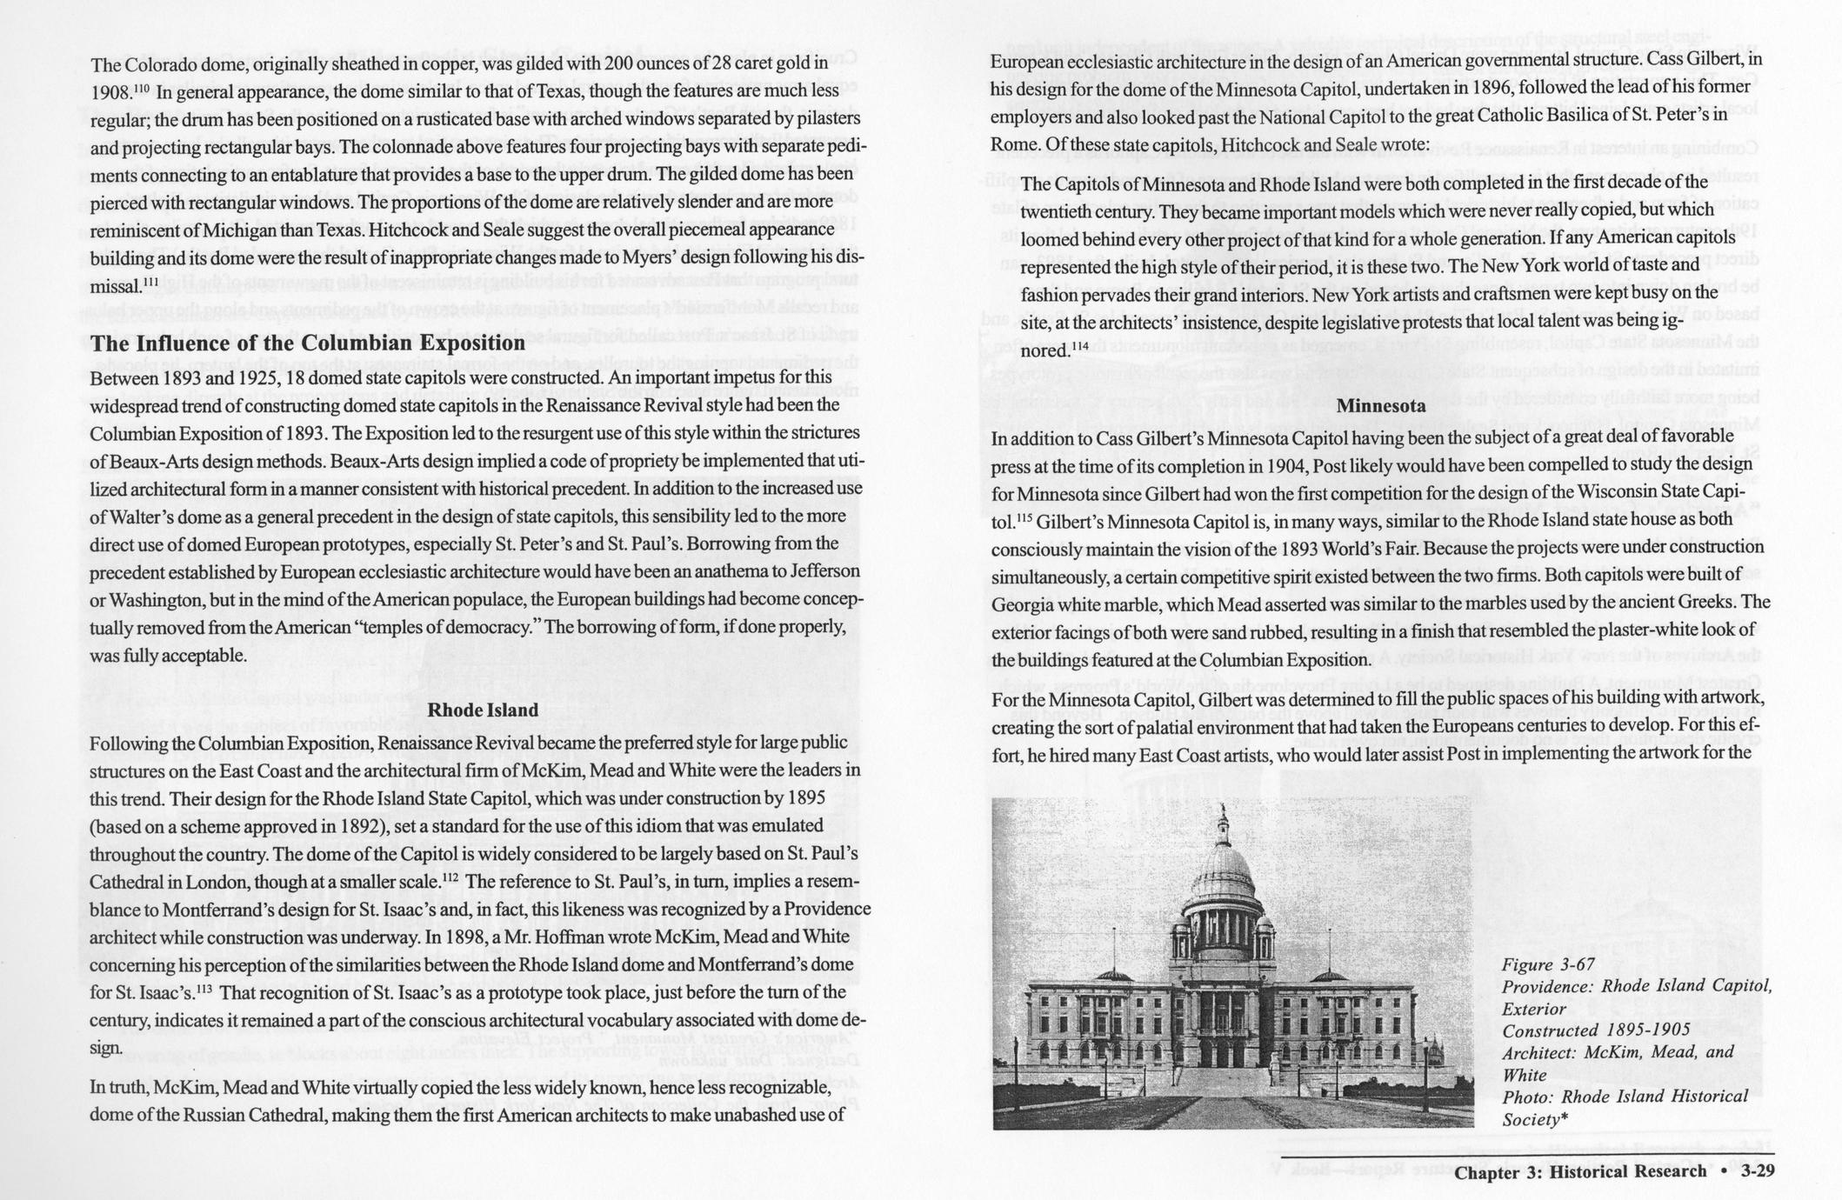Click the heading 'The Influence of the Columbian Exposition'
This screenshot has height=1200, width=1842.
coord(307,343)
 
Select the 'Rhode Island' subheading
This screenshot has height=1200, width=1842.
coord(484,710)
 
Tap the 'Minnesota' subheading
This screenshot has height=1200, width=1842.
coord(1380,405)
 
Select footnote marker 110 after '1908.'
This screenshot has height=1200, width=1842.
coord(142,88)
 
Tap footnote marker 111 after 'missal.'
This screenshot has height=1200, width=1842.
coord(151,282)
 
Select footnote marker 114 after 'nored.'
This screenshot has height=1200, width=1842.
coord(1079,346)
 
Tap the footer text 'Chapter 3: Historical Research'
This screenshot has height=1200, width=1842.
coord(1580,1171)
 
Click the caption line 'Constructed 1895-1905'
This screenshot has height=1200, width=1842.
coord(1596,1030)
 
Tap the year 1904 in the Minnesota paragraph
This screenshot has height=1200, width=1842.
coord(1351,464)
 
